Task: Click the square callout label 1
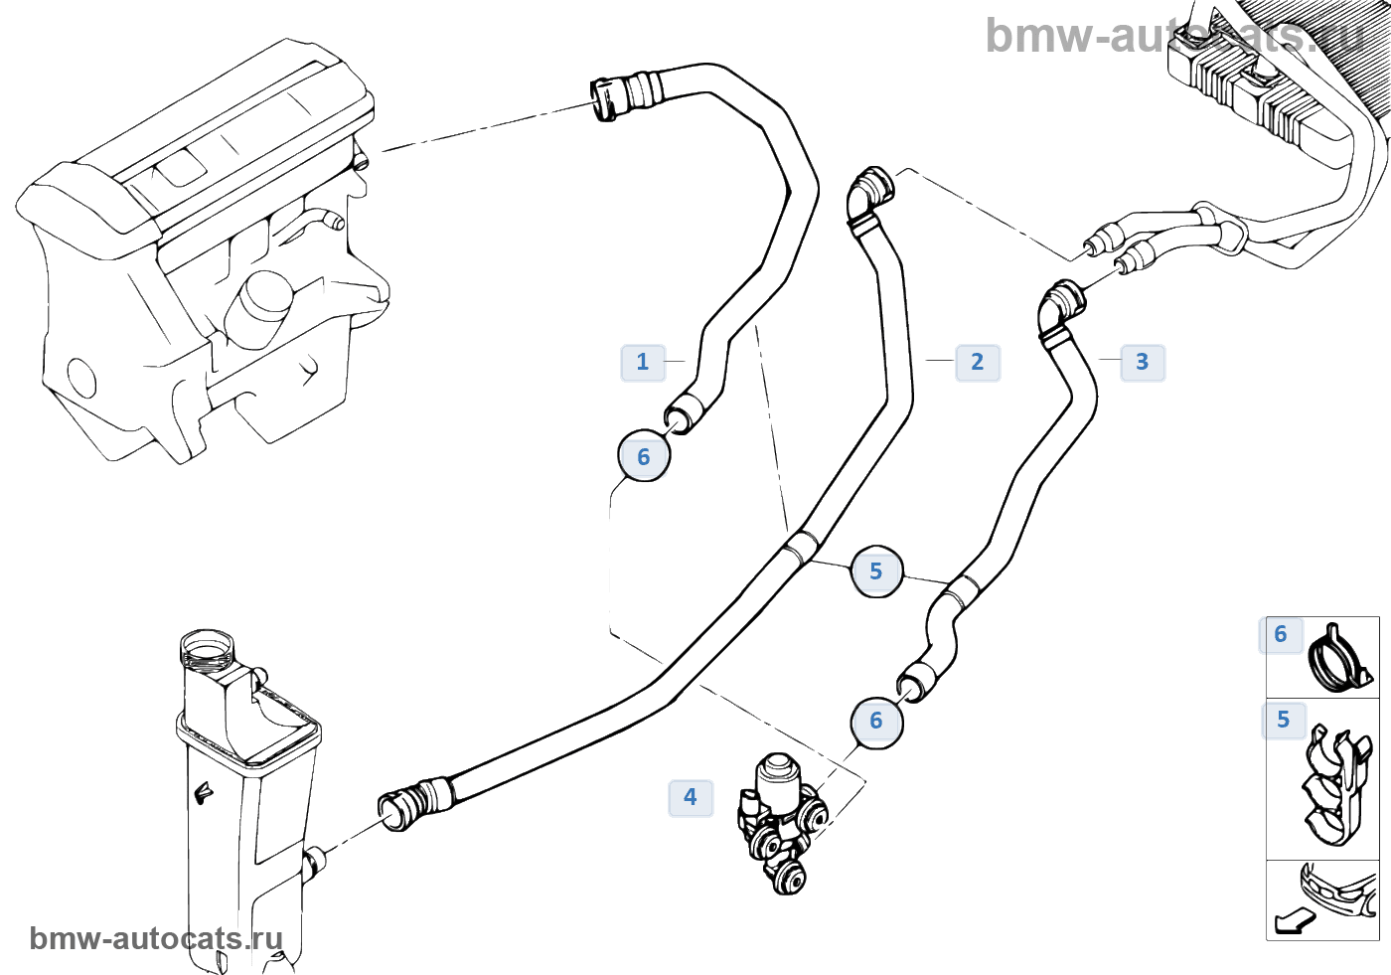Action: point(643,362)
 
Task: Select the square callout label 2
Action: point(978,362)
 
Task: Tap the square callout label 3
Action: point(1143,362)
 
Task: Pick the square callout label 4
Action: point(691,797)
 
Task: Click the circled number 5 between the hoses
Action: point(876,571)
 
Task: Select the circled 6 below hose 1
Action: point(644,457)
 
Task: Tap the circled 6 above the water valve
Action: point(876,721)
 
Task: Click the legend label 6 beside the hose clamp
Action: point(1281,634)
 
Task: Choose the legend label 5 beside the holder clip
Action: point(1284,720)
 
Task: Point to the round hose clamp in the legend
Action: point(1338,658)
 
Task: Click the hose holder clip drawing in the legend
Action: point(1336,785)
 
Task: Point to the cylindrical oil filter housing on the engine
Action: point(260,303)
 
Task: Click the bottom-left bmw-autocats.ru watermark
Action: point(156,938)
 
